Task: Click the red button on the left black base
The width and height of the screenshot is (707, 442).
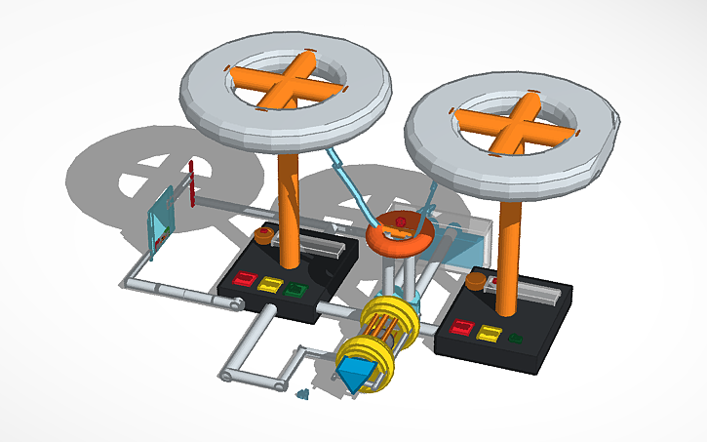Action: (243, 281)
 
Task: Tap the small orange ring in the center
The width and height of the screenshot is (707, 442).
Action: (402, 234)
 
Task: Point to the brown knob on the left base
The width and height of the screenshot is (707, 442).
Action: (263, 236)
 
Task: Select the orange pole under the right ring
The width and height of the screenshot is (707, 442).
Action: (509, 254)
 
